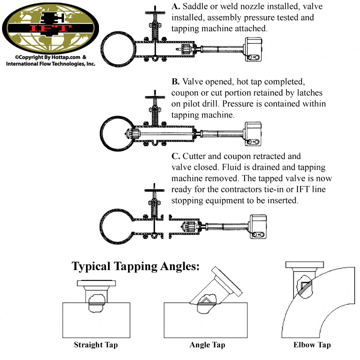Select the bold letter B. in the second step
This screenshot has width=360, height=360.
(175, 81)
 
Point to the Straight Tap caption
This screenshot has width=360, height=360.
(97, 344)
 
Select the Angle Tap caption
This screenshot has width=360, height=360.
(206, 344)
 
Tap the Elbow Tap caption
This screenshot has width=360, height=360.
(312, 344)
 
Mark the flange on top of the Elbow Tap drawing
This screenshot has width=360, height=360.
(298, 265)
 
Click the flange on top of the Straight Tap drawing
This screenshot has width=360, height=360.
(96, 283)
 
